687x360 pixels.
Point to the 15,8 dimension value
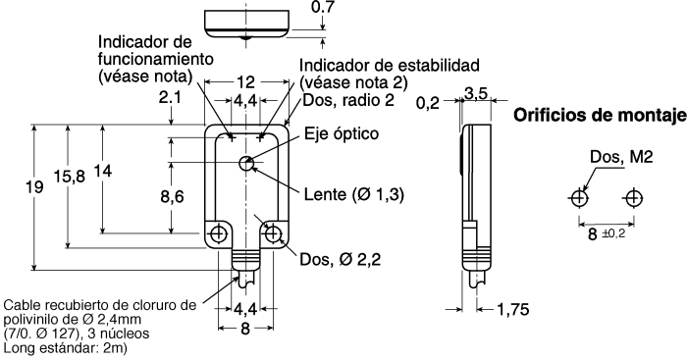pos(68,177)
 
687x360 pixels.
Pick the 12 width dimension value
pos(247,83)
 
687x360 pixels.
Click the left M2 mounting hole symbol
pos(578,199)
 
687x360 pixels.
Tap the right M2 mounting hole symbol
pos(632,199)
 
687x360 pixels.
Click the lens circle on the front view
pos(246,159)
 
